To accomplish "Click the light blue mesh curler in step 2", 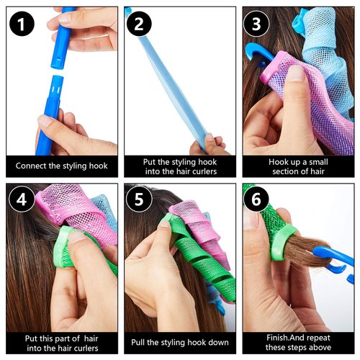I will point(162,79).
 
